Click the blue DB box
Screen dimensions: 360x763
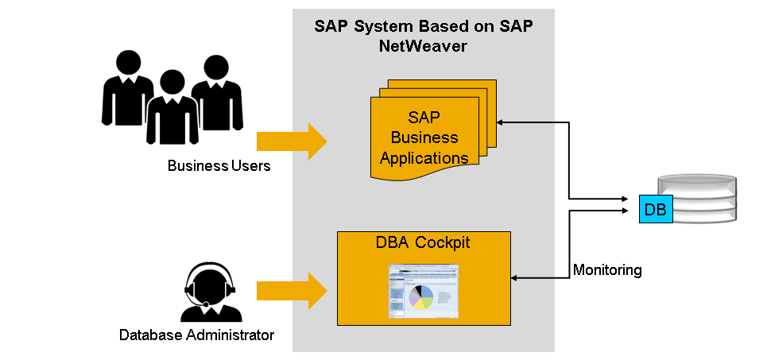pos(656,209)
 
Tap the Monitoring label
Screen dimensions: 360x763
pos(607,270)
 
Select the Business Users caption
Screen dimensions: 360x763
pos(219,166)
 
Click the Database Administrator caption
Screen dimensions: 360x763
pos(196,335)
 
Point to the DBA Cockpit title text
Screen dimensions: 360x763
pos(423,242)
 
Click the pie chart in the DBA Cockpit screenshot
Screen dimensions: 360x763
pos(422,296)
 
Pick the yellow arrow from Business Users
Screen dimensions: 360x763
pos(291,141)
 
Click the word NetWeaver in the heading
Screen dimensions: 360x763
pos(423,46)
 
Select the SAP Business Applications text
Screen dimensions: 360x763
pos(424,137)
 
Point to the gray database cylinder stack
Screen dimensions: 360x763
pos(699,199)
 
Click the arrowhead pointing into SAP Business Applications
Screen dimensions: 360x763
pos(501,122)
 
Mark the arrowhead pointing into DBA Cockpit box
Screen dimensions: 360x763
pos(514,278)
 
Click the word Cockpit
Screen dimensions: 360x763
pos(445,242)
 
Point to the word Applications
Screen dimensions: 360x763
pos(424,157)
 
